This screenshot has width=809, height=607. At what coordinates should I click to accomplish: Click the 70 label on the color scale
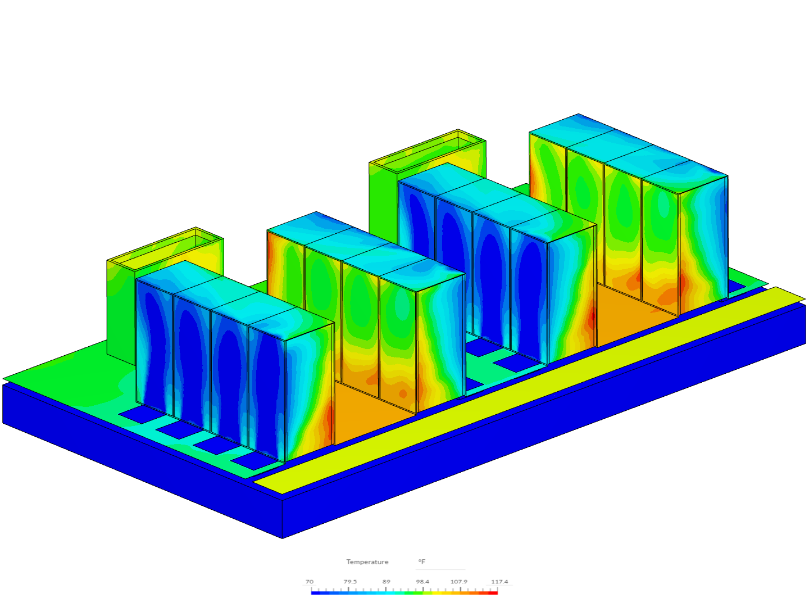310,582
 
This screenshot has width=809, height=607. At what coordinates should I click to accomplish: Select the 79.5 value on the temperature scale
350,582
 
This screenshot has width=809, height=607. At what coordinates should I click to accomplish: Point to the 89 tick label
386,582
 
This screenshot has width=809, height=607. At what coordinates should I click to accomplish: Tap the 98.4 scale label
422,582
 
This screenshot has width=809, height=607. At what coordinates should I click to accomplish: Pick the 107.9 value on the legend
459,582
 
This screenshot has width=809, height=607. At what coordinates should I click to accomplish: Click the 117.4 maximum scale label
499,582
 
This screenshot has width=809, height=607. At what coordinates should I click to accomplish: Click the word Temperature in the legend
367,562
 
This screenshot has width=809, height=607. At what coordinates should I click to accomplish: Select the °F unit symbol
421,562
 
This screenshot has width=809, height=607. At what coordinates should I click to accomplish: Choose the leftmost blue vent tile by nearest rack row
135,415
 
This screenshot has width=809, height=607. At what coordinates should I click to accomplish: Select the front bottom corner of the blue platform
283,537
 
